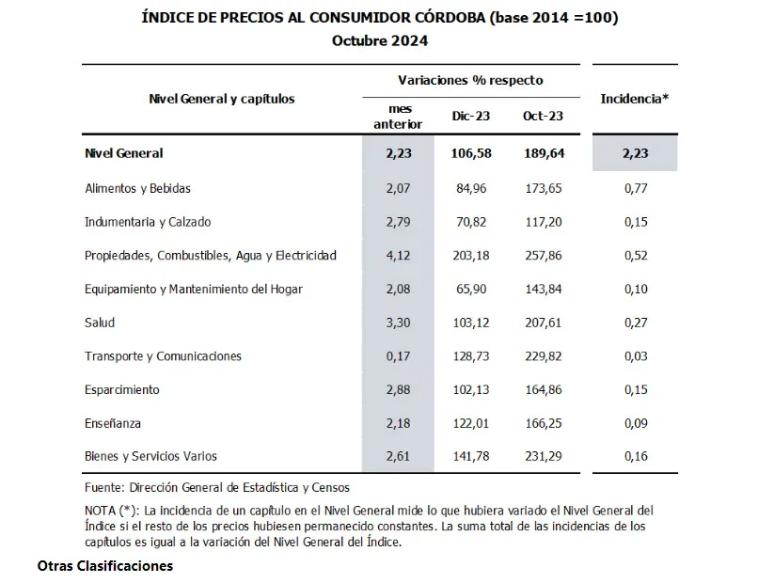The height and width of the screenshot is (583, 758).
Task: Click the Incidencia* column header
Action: pyautogui.click(x=634, y=98)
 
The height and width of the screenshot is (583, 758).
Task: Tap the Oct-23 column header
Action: pyautogui.click(x=543, y=117)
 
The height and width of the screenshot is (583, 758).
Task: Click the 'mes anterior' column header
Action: pyautogui.click(x=400, y=117)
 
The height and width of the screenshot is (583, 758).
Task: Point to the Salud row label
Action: pyautogui.click(x=99, y=323)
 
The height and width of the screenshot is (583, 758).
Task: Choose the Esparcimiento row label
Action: pyautogui.click(x=121, y=389)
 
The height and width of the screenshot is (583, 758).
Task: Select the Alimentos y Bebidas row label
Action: pyautogui.click(x=137, y=188)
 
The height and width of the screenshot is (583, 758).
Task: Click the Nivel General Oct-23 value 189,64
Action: pyautogui.click(x=543, y=153)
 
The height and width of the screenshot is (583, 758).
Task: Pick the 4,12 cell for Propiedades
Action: pyautogui.click(x=400, y=256)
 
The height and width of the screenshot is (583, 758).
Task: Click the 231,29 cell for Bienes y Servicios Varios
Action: pyautogui.click(x=543, y=457)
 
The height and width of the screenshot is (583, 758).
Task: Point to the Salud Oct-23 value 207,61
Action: pyautogui.click(x=543, y=323)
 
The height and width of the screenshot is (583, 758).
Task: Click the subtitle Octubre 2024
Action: pyautogui.click(x=380, y=39)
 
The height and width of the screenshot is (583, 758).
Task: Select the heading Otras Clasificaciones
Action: pyautogui.click(x=105, y=567)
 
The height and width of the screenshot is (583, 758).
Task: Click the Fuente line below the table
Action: pyautogui.click(x=216, y=487)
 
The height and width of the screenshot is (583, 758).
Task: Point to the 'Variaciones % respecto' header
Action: pyautogui.click(x=470, y=81)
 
